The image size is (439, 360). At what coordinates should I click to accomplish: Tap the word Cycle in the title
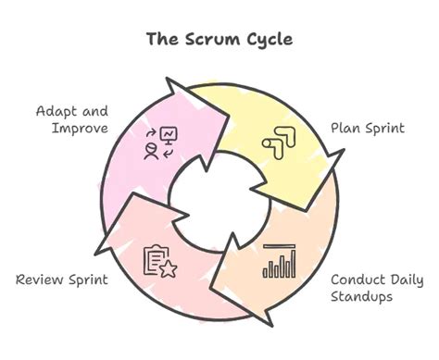pos(270,40)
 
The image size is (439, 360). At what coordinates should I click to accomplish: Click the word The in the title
pos(164,40)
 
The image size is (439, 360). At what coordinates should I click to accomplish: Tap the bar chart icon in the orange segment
pos(280,261)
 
